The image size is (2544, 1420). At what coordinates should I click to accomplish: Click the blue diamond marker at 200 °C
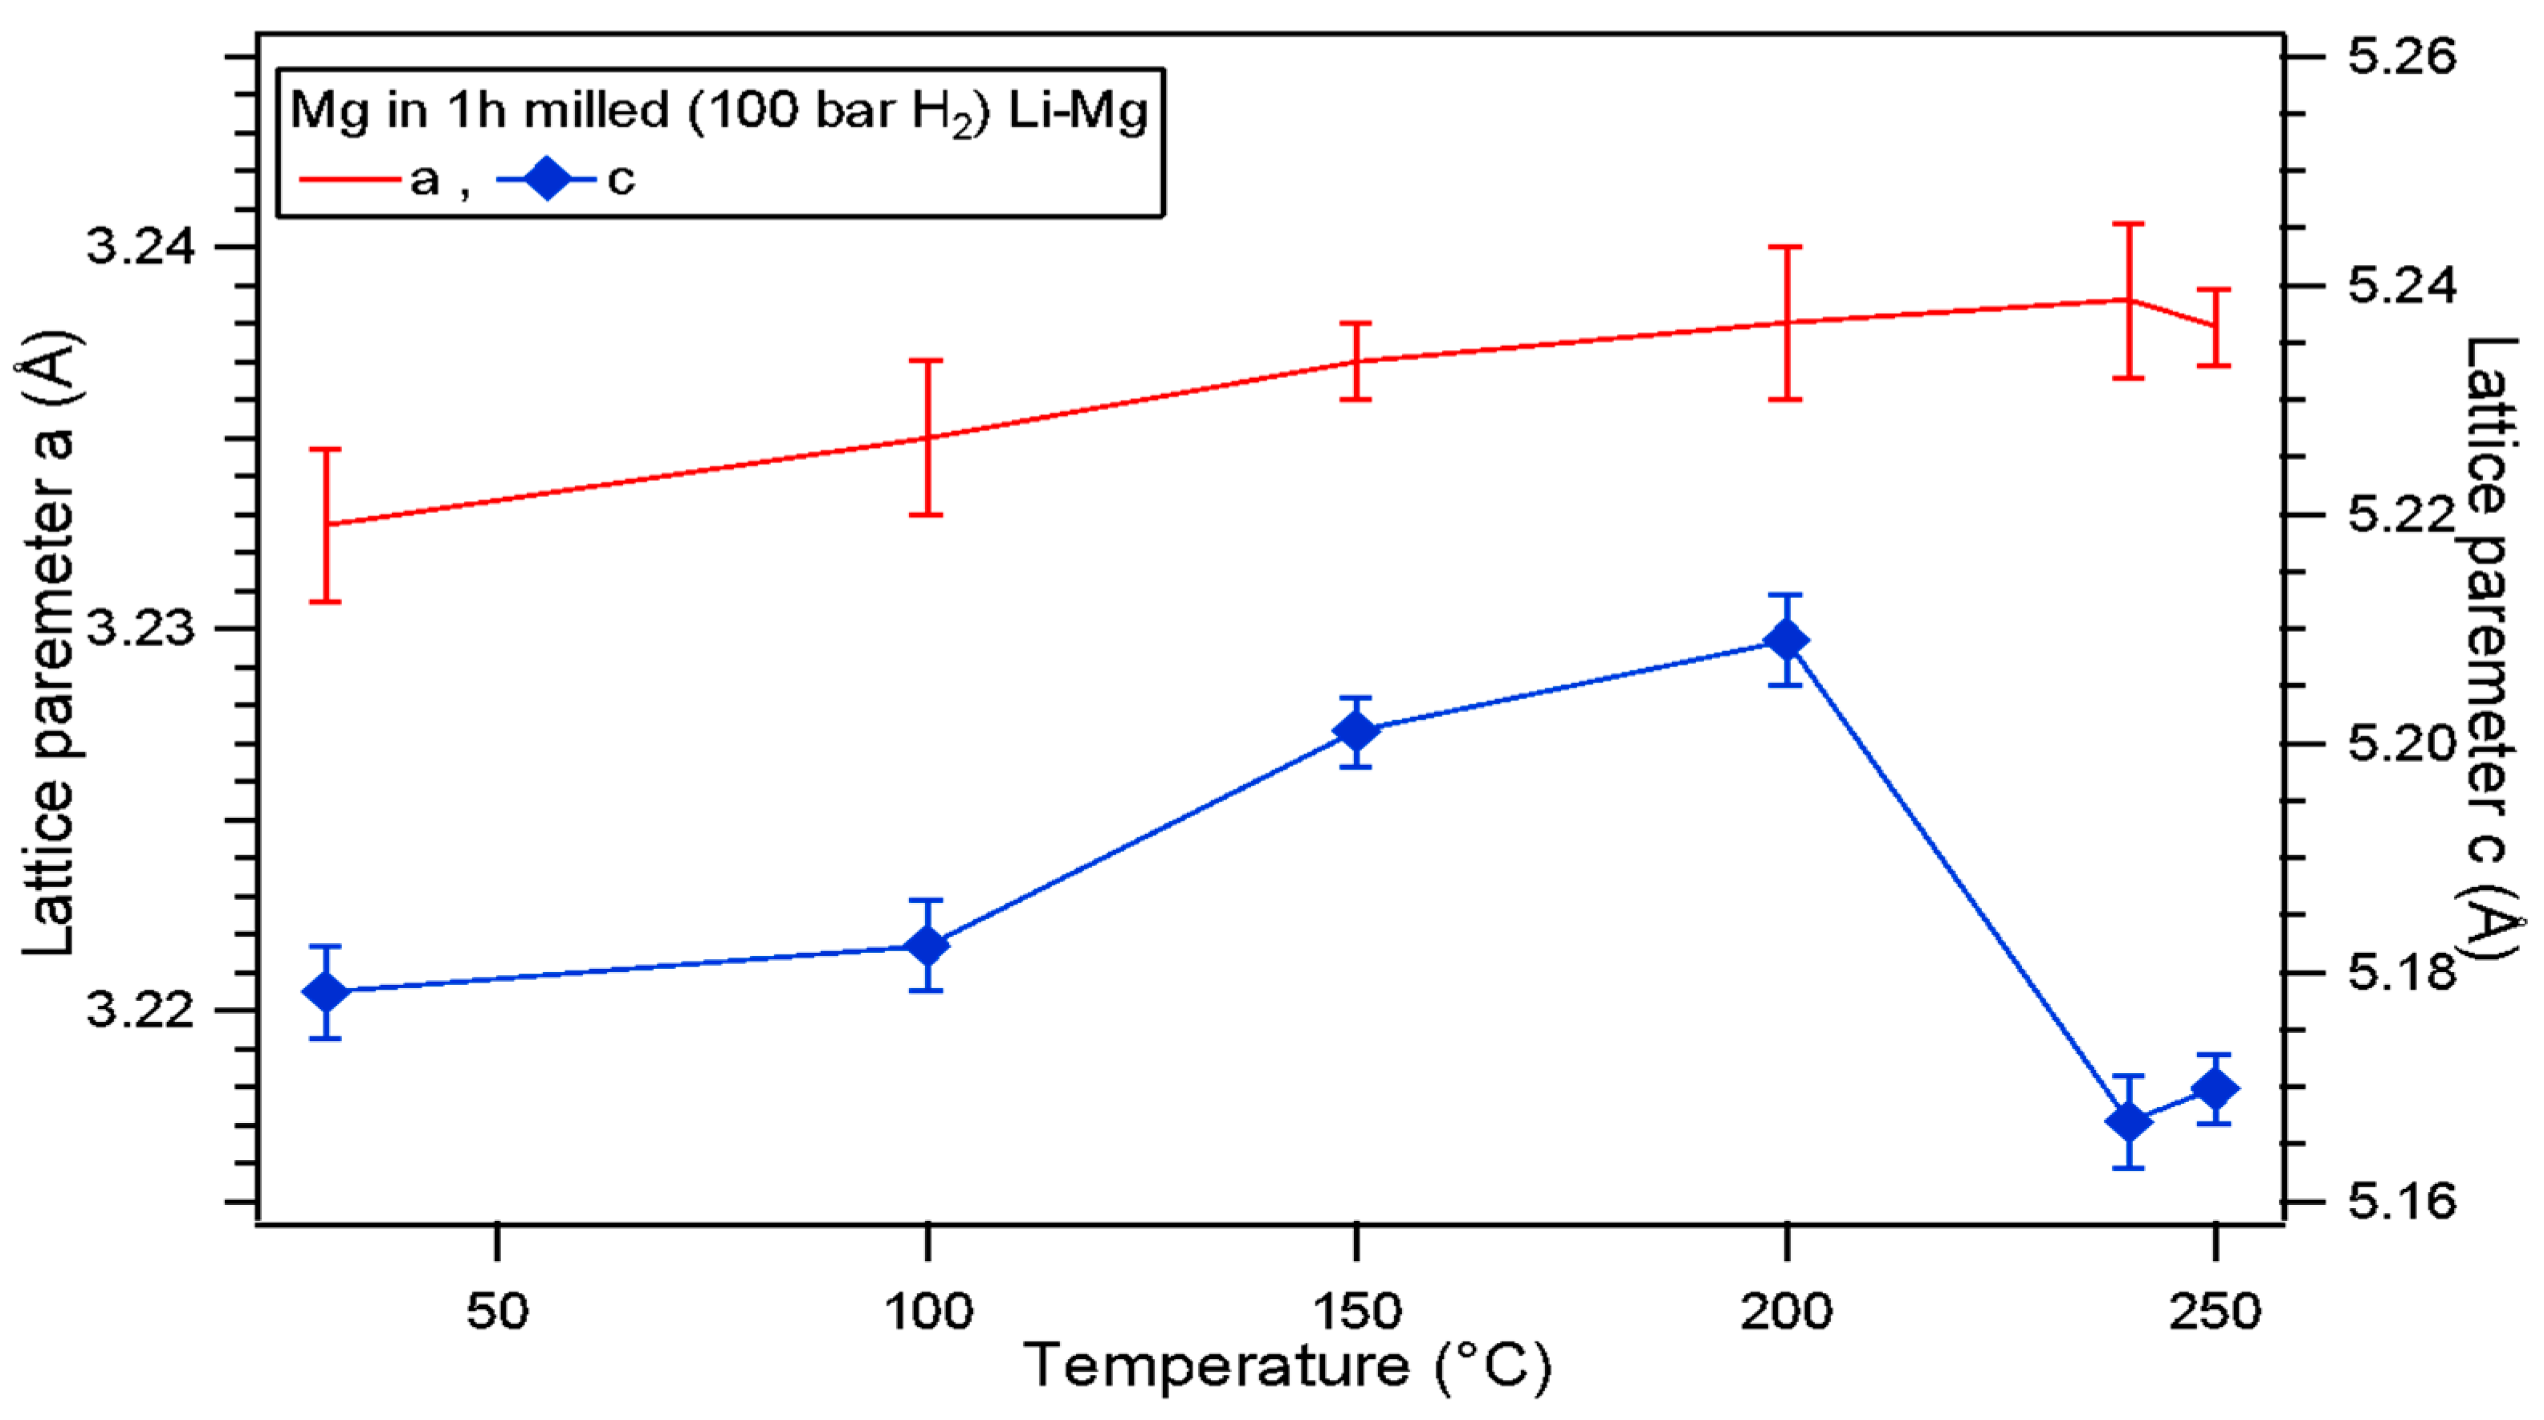click(x=1786, y=640)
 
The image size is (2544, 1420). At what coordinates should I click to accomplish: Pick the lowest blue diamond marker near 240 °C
click(x=2128, y=1121)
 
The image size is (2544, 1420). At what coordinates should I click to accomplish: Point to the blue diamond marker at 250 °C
click(x=2215, y=1089)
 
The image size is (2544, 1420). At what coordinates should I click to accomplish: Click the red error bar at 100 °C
click(x=927, y=437)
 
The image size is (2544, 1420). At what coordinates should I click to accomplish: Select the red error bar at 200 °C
click(x=1786, y=323)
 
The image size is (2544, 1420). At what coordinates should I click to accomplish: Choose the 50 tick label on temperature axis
click(x=498, y=1312)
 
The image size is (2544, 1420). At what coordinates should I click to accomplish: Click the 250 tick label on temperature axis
click(x=2214, y=1312)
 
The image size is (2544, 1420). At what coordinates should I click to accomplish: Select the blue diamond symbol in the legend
click(x=546, y=180)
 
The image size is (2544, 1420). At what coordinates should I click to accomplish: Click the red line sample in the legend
click(x=349, y=180)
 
